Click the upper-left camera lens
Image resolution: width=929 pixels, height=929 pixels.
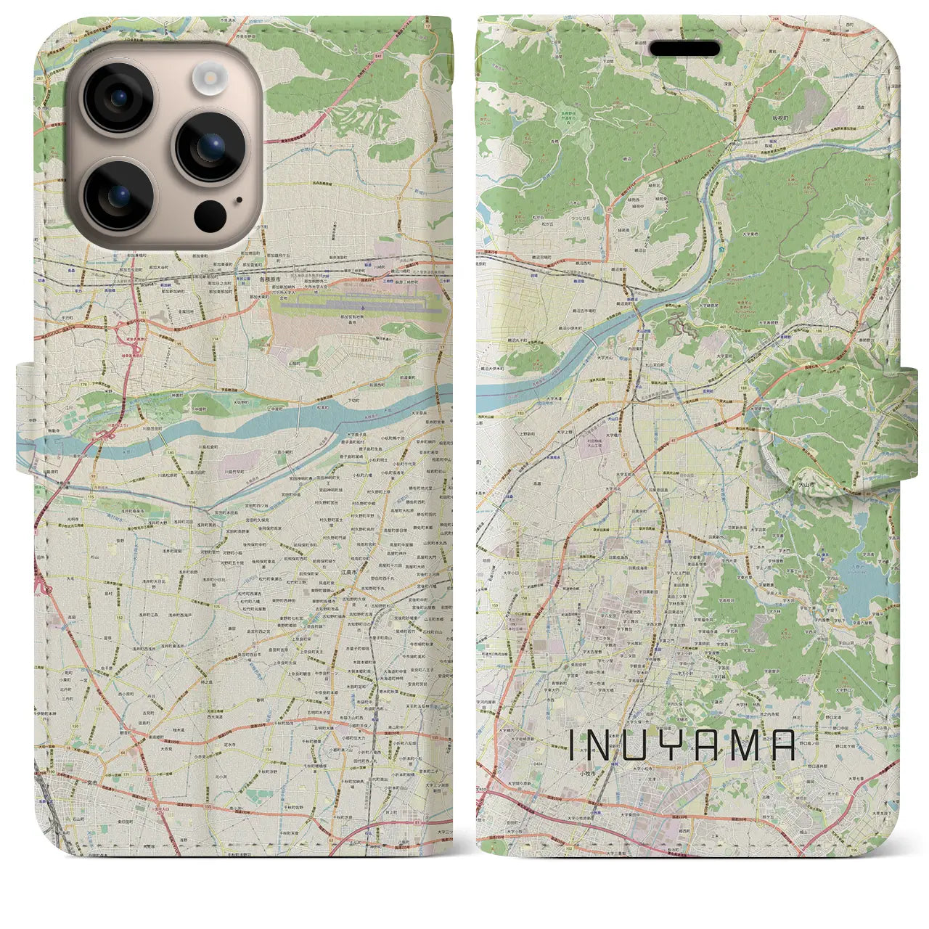(x=118, y=98)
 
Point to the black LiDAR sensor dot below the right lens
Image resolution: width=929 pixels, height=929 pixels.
(x=210, y=215)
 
